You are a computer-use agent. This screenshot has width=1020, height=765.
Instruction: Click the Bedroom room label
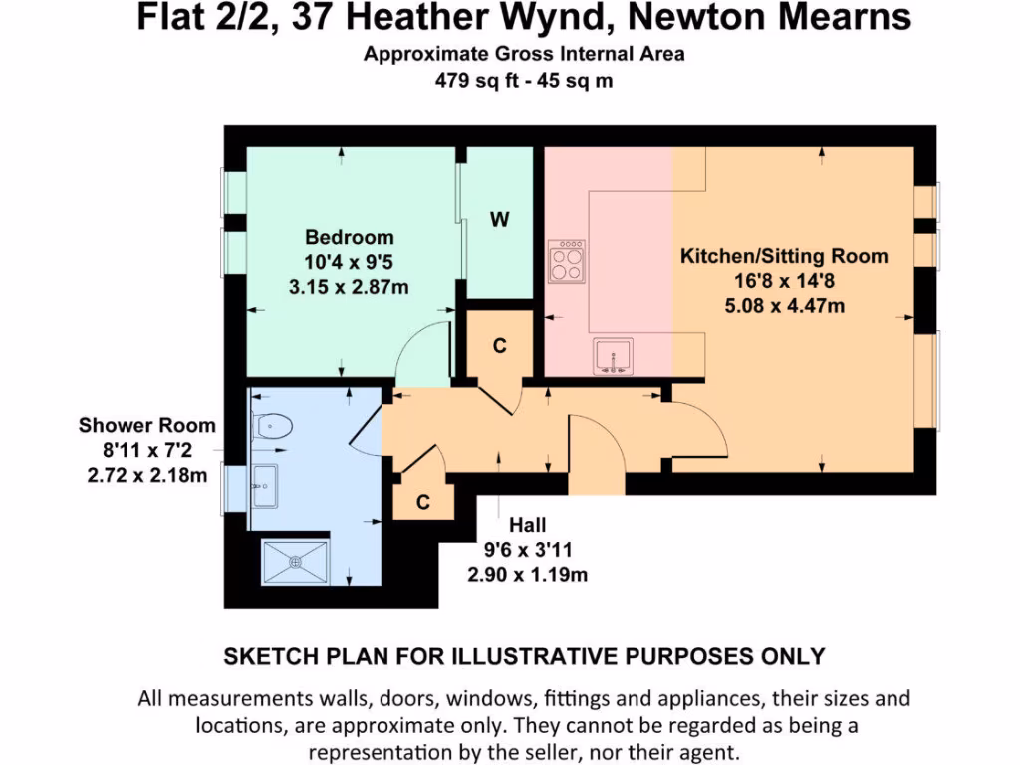click(349, 237)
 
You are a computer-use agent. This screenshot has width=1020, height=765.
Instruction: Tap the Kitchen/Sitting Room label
click(783, 256)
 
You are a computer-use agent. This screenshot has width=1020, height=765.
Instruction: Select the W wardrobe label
click(499, 220)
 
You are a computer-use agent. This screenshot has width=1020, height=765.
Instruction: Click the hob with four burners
click(567, 262)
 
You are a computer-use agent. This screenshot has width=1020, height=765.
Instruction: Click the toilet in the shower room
click(271, 427)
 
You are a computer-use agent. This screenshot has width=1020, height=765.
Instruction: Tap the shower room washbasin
click(266, 486)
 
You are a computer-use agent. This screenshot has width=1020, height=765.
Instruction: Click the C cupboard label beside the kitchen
click(500, 346)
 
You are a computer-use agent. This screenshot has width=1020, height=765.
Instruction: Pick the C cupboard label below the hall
click(422, 503)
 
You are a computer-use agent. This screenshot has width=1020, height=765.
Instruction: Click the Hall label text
click(528, 525)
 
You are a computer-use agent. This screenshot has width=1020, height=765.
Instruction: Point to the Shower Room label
click(146, 426)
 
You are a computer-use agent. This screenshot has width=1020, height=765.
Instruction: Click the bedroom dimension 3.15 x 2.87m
click(349, 287)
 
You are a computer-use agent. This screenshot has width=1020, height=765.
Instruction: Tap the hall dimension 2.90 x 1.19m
click(528, 575)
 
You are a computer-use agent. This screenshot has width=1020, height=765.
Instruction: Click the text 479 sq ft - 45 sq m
click(523, 81)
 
